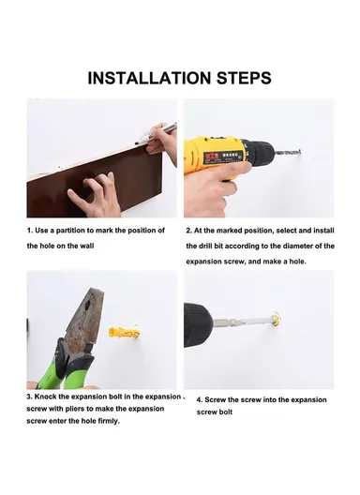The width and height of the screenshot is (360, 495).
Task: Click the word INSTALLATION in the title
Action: tap(149, 78)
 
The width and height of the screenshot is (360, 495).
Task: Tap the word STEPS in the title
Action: tap(244, 78)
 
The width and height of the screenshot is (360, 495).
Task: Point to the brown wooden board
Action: tap(95, 183)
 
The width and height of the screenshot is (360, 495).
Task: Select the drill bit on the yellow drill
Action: tap(288, 152)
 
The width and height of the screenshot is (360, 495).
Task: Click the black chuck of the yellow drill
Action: tap(259, 151)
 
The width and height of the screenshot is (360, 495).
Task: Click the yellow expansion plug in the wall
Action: tap(124, 333)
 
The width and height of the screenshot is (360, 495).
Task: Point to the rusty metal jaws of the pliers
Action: tap(89, 319)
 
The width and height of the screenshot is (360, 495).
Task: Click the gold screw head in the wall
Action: tap(277, 319)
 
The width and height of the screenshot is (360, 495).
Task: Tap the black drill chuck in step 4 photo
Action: tap(199, 325)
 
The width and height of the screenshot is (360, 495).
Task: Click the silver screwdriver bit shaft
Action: tap(243, 322)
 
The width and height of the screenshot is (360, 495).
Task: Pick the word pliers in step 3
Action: tap(75, 409)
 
